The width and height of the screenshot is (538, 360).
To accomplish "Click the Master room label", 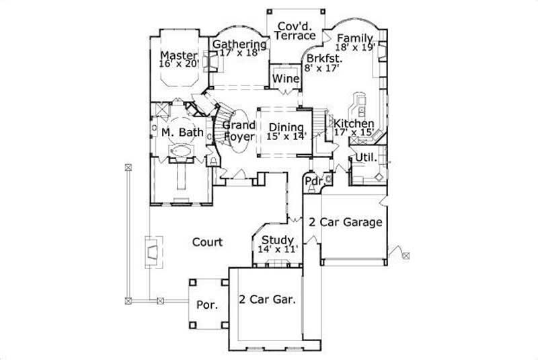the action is point(178,55).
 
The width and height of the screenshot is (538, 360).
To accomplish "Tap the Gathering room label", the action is point(239,44).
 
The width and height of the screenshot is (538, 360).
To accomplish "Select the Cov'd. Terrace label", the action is point(296,30).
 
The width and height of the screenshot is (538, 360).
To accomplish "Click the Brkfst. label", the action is point(321,58).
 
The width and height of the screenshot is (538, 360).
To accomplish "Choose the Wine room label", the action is point(286,79).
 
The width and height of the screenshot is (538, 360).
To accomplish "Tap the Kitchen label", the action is point(354,124).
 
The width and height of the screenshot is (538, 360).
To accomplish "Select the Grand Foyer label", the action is point(239,131).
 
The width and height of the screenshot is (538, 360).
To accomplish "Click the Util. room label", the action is point(364,157).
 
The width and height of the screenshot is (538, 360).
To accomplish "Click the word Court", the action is point(207,242).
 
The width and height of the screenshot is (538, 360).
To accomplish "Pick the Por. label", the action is point(206,305).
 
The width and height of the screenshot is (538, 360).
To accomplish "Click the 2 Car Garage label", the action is point(345,222).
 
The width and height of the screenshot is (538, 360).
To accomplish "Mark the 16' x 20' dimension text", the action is point(178,65).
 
